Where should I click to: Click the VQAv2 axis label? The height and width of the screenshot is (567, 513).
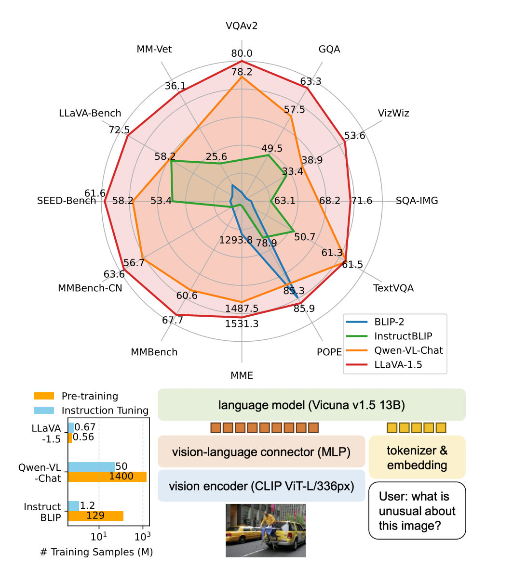(x=241, y=26)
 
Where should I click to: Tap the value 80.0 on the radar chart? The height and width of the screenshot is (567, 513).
(x=242, y=53)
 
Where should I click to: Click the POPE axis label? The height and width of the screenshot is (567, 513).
(x=329, y=352)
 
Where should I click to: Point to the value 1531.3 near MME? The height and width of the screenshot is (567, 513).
(x=242, y=324)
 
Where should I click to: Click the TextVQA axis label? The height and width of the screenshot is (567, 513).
(x=393, y=288)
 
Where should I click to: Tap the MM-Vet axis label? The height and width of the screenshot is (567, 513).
(x=154, y=49)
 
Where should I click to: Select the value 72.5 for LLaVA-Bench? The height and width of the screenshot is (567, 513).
(x=119, y=129)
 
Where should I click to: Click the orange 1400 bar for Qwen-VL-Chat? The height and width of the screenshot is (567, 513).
(x=107, y=477)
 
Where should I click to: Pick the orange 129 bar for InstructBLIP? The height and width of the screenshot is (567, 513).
(x=95, y=516)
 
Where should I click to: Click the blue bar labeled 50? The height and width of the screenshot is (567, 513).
(x=91, y=467)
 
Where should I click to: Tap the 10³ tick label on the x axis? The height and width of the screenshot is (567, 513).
(x=142, y=537)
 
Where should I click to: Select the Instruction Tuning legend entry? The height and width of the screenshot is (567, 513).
(x=91, y=411)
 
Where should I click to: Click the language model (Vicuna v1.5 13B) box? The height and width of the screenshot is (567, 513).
(x=311, y=405)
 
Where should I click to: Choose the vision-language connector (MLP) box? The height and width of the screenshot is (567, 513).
(x=261, y=451)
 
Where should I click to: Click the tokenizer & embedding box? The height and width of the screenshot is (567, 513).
(x=417, y=457)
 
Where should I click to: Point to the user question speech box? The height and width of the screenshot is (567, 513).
(x=417, y=511)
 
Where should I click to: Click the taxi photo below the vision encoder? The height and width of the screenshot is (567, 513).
(x=266, y=530)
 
